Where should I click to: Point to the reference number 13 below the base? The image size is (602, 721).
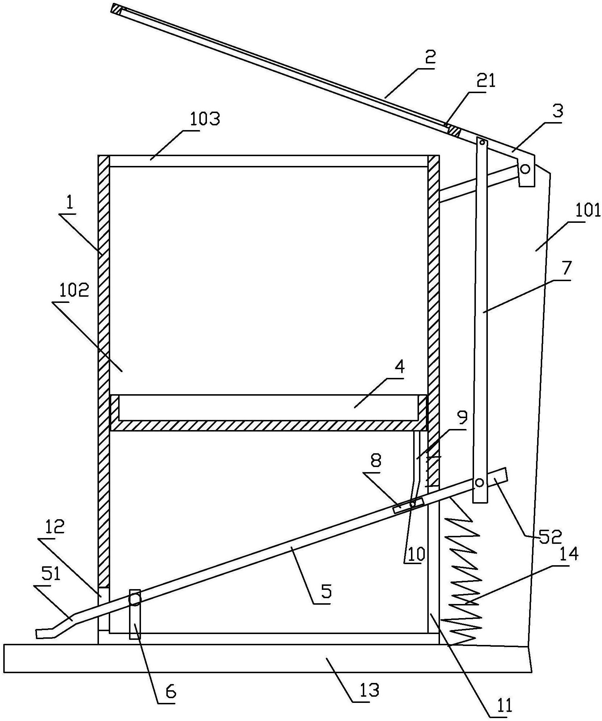(x=369, y=691)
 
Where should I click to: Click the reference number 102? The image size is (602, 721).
(x=73, y=290)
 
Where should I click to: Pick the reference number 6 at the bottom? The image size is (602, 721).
(x=171, y=692)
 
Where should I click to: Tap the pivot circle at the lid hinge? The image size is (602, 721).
(x=526, y=169)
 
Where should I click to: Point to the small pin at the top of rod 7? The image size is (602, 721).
(x=482, y=142)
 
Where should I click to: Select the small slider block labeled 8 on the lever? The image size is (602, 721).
(x=408, y=505)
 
